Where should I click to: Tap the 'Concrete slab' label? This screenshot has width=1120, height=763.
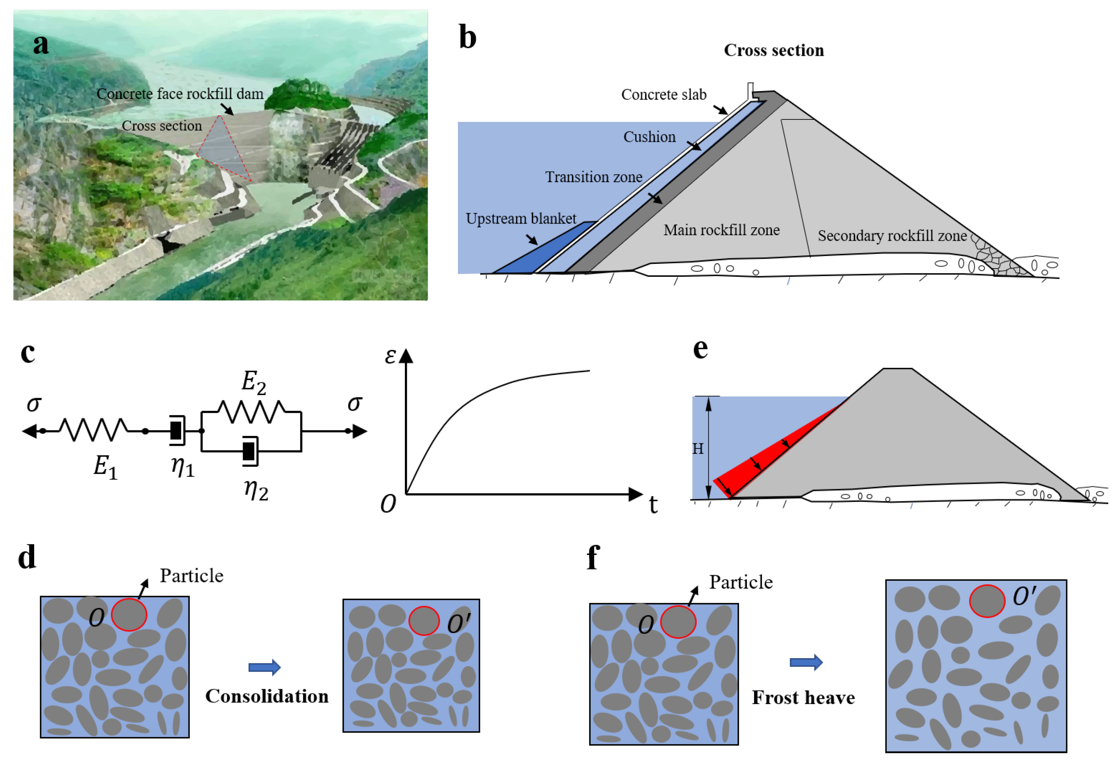pyautogui.click(x=663, y=95)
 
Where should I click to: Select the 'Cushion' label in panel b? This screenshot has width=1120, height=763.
pyautogui.click(x=649, y=137)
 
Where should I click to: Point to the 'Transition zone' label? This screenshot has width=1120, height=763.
pyautogui.click(x=593, y=177)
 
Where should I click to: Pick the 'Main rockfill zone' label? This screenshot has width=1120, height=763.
pyautogui.click(x=721, y=230)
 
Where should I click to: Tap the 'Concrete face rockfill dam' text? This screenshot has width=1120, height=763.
pyautogui.click(x=180, y=93)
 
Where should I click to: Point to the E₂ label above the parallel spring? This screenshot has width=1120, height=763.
pyautogui.click(x=254, y=382)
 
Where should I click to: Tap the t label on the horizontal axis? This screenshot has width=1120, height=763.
pyautogui.click(x=653, y=505)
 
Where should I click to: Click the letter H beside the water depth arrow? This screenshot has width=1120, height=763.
pyautogui.click(x=697, y=449)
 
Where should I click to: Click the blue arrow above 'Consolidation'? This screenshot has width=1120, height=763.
pyautogui.click(x=264, y=667)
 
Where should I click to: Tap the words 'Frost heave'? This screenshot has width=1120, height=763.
pyautogui.click(x=803, y=697)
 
